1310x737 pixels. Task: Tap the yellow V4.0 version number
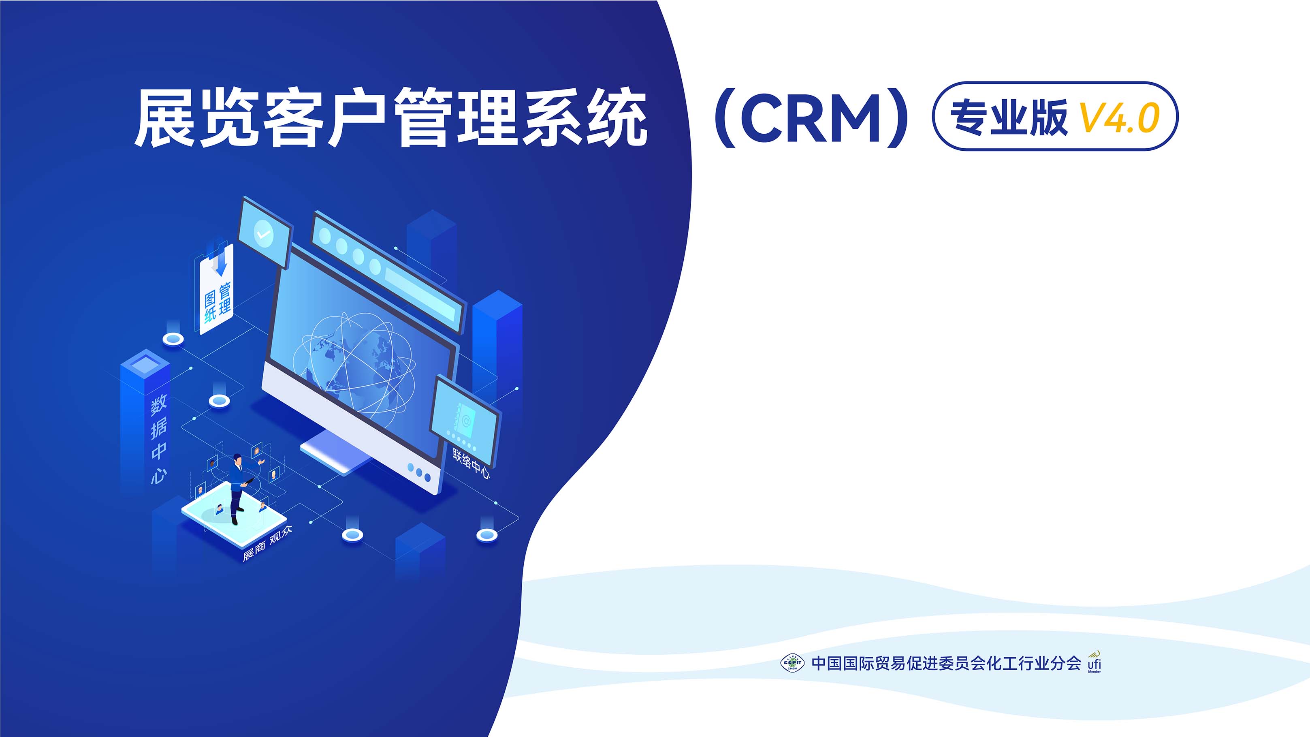click(x=1119, y=118)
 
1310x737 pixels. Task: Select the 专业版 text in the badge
click(x=1009, y=117)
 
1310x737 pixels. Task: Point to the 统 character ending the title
click(x=617, y=118)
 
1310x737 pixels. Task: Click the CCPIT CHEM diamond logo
click(x=792, y=663)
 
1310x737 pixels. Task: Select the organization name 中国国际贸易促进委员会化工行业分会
click(x=946, y=663)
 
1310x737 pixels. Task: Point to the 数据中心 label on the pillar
click(x=159, y=440)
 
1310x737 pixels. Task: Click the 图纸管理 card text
click(x=217, y=303)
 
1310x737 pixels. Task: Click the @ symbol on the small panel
click(x=466, y=421)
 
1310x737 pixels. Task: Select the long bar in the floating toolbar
click(x=420, y=294)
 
